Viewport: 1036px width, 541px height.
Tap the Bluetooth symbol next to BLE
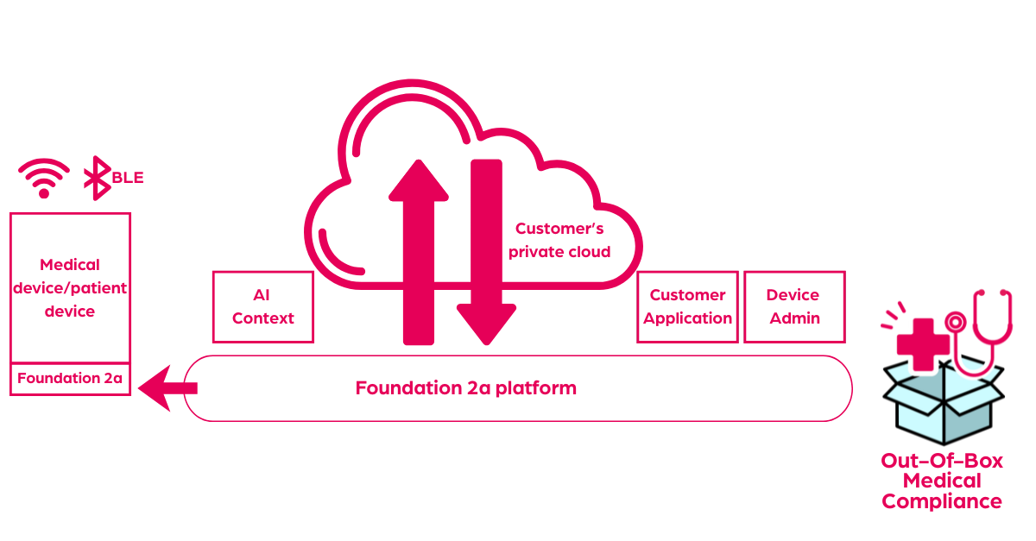click(x=97, y=179)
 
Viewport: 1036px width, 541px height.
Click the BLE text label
click(x=127, y=178)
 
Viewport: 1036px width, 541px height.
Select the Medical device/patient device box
click(x=70, y=287)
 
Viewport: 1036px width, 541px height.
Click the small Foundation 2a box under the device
click(x=70, y=378)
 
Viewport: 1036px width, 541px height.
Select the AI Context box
click(x=263, y=306)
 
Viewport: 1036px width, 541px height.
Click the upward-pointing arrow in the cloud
click(x=419, y=250)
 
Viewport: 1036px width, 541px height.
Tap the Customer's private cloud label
click(x=559, y=240)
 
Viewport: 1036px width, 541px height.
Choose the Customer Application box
click(x=688, y=306)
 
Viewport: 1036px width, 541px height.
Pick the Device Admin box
click(x=794, y=306)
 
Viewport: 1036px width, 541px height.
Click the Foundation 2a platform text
click(x=465, y=387)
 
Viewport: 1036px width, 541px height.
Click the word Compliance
click(x=942, y=501)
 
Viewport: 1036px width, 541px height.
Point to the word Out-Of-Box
click(x=942, y=461)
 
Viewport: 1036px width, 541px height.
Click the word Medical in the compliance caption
click(x=942, y=481)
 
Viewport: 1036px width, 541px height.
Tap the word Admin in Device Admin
click(x=794, y=318)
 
